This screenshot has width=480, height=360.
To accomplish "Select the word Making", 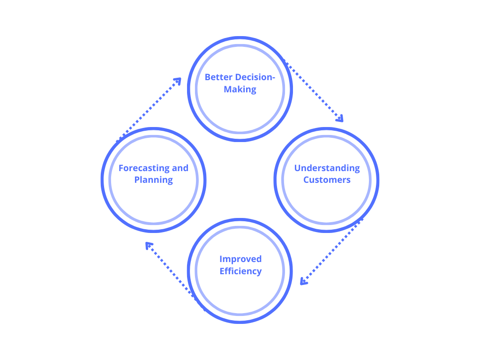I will tap(240, 90).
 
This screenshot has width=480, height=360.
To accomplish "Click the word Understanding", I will tap(327, 168).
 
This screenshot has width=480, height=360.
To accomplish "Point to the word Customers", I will tap(327, 180).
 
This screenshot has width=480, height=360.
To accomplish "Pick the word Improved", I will tap(240, 259).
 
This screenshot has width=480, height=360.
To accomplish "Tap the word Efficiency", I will tap(240, 271).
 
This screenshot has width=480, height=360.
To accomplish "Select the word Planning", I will tap(154, 180).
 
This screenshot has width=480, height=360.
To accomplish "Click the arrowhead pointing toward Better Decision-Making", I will tap(177, 81).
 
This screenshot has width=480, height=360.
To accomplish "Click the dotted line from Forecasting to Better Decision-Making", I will tap(148, 110).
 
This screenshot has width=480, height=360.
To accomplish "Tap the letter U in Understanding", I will tap(297, 168).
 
